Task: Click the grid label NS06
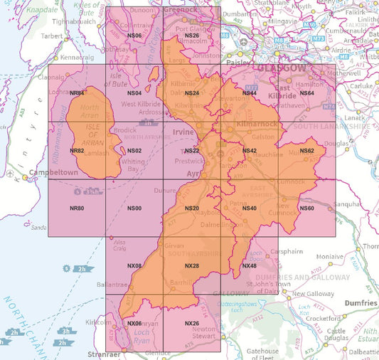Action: (134, 36)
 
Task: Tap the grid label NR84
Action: (78, 93)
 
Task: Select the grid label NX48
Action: (249, 266)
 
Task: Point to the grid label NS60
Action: (306, 208)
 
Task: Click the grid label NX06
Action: (134, 324)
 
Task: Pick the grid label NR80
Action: (78, 208)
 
